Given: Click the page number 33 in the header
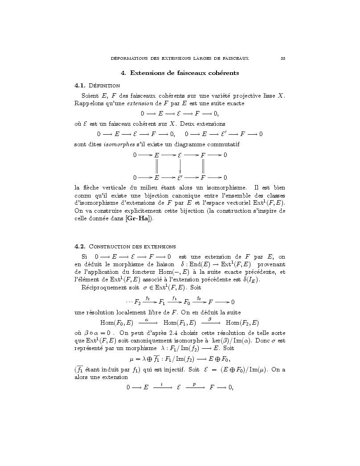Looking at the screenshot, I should (x=283, y=58).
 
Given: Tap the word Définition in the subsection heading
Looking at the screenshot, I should (x=103, y=85).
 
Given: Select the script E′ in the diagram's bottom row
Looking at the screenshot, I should (x=180, y=177).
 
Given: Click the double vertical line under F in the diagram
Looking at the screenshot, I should (x=203, y=166).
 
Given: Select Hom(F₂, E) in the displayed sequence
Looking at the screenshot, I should (x=242, y=322).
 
